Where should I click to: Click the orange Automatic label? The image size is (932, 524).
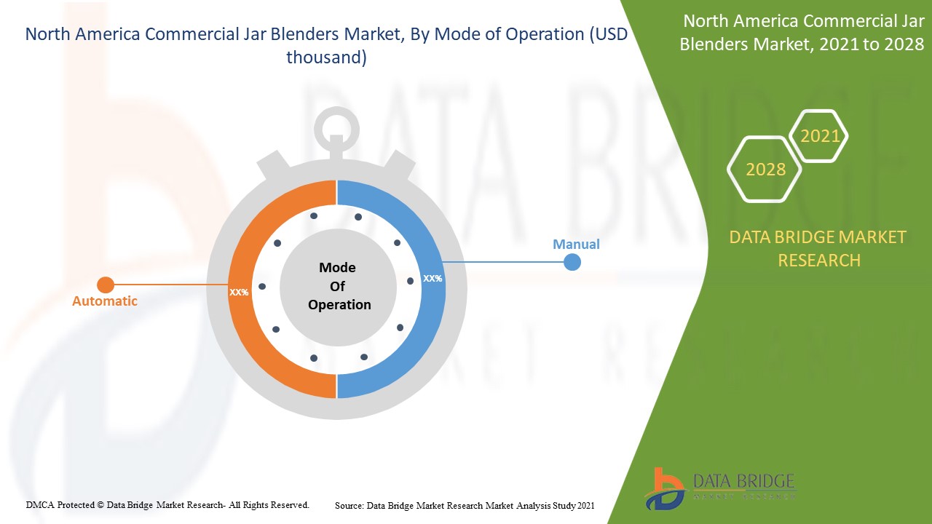[x=104, y=301]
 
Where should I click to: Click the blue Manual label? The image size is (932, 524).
[x=576, y=245]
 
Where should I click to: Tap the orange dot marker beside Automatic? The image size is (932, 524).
[x=106, y=285]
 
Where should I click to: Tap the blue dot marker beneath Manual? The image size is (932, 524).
[x=572, y=262]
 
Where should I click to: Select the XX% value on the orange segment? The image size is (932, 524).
[x=239, y=292]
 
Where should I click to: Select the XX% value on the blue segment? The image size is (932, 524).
[x=433, y=278]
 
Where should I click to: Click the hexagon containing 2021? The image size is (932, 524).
[x=819, y=136]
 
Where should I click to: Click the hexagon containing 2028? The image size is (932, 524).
[x=765, y=170]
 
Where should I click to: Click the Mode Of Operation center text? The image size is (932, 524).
[x=338, y=286]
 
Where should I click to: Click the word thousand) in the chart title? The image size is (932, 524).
[x=326, y=57]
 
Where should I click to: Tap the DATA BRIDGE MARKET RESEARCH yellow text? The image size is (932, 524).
[x=818, y=248]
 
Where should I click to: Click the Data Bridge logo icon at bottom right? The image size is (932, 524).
[x=664, y=488]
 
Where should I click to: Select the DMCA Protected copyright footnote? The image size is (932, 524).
[x=167, y=504]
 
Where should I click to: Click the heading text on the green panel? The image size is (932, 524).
[x=802, y=33]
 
